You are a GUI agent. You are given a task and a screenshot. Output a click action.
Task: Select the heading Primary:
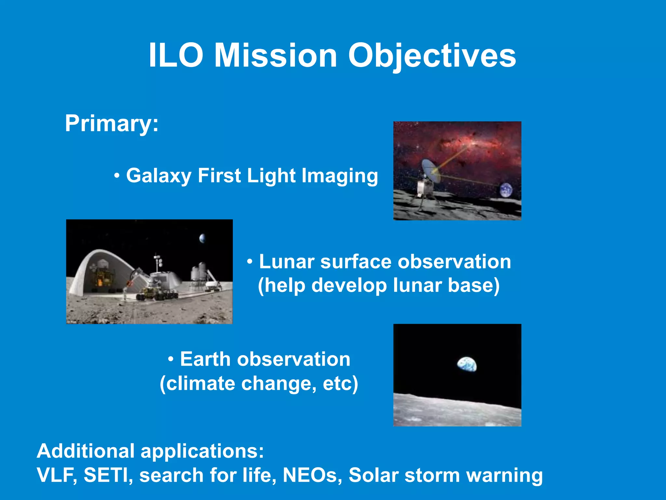point(112,124)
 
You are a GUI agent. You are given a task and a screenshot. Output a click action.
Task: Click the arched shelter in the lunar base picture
point(98,270)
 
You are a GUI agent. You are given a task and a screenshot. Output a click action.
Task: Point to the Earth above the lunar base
point(203,238)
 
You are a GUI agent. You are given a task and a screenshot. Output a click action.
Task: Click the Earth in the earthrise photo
point(467,364)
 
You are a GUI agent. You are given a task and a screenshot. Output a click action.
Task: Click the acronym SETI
point(108,475)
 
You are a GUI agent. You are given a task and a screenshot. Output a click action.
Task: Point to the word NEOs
point(312,475)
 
